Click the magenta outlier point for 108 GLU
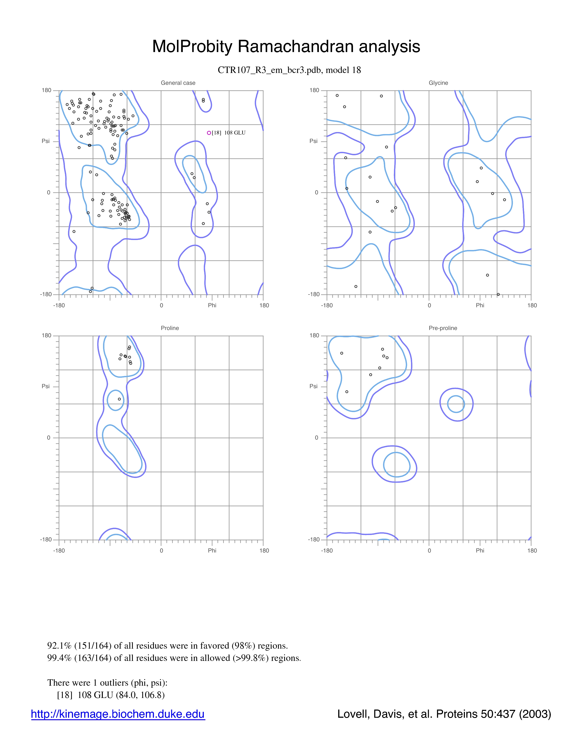click(209, 133)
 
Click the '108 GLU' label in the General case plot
click(235, 133)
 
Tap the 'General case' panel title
click(178, 83)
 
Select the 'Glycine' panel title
click(439, 83)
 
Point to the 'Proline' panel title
click(170, 328)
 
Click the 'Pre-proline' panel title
click(443, 328)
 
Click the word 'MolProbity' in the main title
click(192, 46)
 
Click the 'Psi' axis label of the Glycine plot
click(313, 141)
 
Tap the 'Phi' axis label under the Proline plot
click(212, 550)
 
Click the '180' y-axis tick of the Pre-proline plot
click(314, 335)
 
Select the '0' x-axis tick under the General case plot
click(161, 305)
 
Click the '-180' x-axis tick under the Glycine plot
click(327, 305)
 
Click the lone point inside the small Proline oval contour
click(119, 399)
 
